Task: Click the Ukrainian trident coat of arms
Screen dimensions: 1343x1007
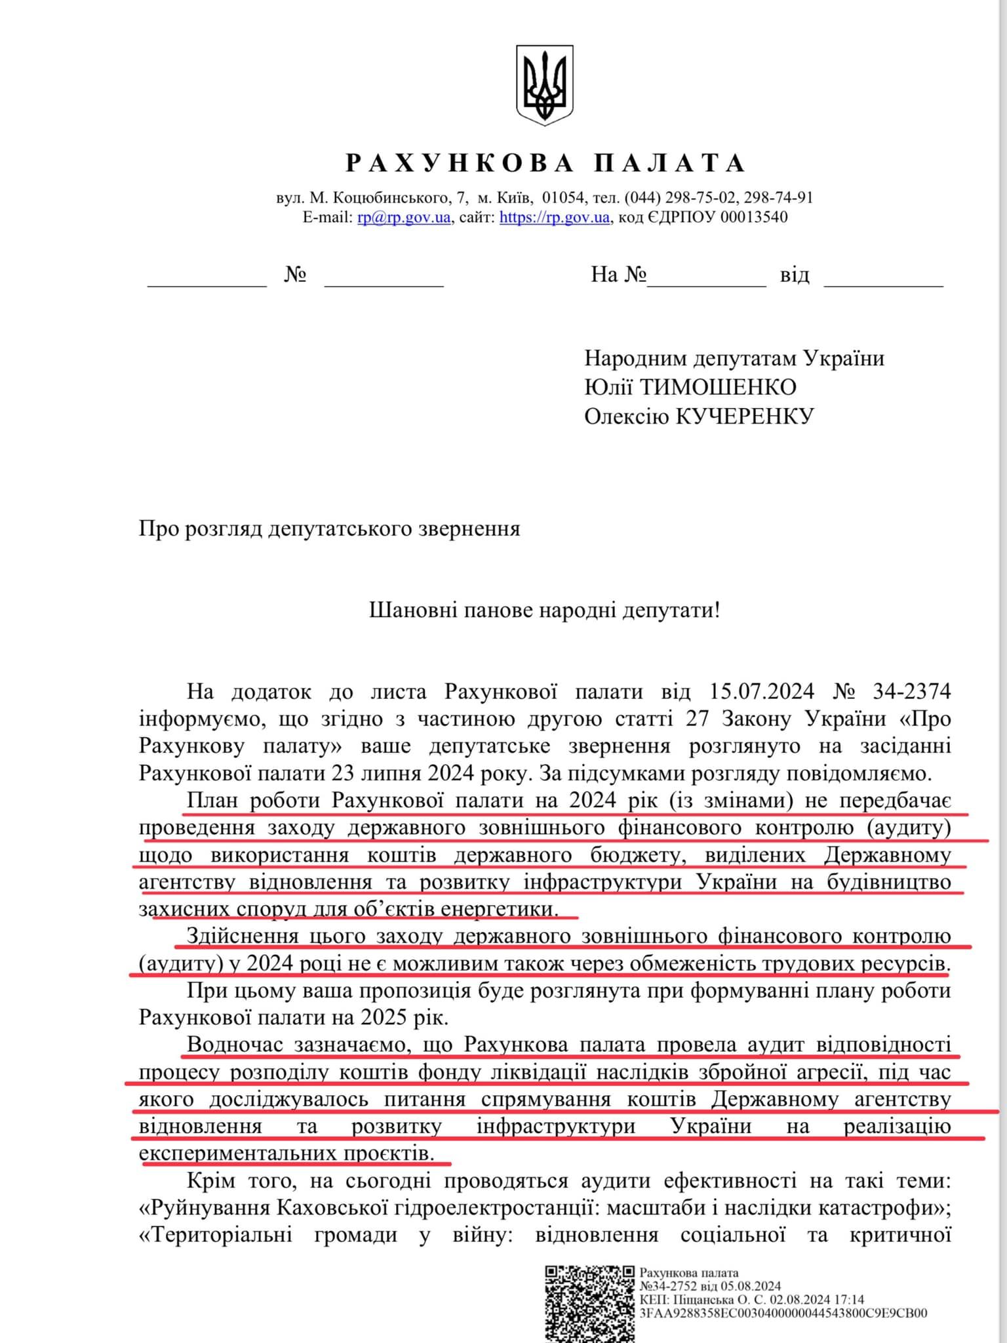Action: pyautogui.click(x=545, y=85)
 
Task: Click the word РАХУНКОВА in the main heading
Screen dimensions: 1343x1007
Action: pyautogui.click(x=460, y=163)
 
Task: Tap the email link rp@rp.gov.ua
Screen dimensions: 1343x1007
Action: pyautogui.click(x=404, y=217)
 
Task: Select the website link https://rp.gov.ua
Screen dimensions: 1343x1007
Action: pyautogui.click(x=555, y=217)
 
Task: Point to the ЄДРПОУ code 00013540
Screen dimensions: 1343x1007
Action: pyautogui.click(x=754, y=217)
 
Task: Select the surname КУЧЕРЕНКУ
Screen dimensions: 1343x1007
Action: pyautogui.click(x=745, y=416)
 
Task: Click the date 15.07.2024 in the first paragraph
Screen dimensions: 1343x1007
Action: pyautogui.click(x=762, y=691)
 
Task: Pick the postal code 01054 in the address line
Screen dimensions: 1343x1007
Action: pyautogui.click(x=563, y=197)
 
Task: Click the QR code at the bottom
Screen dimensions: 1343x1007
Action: pyautogui.click(x=589, y=1302)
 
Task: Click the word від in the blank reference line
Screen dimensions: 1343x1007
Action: pyautogui.click(x=795, y=275)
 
